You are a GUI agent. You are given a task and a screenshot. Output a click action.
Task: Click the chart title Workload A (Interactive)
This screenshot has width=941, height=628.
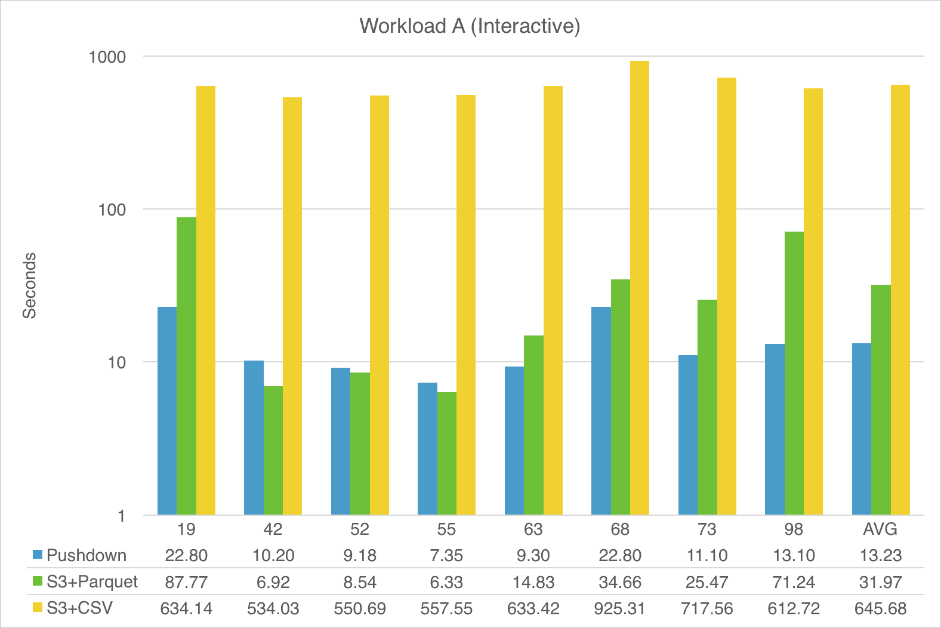tap(470, 26)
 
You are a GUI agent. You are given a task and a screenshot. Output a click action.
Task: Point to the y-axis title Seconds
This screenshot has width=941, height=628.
tap(30, 285)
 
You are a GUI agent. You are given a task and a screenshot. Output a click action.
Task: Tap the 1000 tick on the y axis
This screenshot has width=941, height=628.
tap(107, 57)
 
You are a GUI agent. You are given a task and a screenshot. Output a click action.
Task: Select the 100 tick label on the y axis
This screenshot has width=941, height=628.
tap(112, 210)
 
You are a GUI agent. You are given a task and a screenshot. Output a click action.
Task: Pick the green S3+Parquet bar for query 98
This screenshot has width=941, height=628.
tap(794, 373)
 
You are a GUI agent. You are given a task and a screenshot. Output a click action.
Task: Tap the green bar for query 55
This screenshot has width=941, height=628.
tap(446, 453)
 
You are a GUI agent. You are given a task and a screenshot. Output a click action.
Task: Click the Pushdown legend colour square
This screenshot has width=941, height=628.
tap(38, 555)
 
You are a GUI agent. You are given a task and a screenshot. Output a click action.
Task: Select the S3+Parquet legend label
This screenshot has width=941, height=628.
tap(92, 581)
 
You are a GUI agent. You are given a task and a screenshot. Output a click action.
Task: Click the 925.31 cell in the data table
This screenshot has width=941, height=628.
tap(619, 608)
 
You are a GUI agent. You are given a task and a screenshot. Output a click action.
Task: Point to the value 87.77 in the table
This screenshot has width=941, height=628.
tap(186, 582)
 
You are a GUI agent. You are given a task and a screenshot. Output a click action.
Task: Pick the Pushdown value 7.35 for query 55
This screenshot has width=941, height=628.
tap(446, 556)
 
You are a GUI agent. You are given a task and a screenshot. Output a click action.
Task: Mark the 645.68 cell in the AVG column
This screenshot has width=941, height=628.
tap(880, 608)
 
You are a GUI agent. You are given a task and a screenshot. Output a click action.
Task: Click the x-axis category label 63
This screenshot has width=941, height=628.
tap(533, 530)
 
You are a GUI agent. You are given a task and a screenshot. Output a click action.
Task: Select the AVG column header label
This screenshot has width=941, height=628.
tap(880, 530)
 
